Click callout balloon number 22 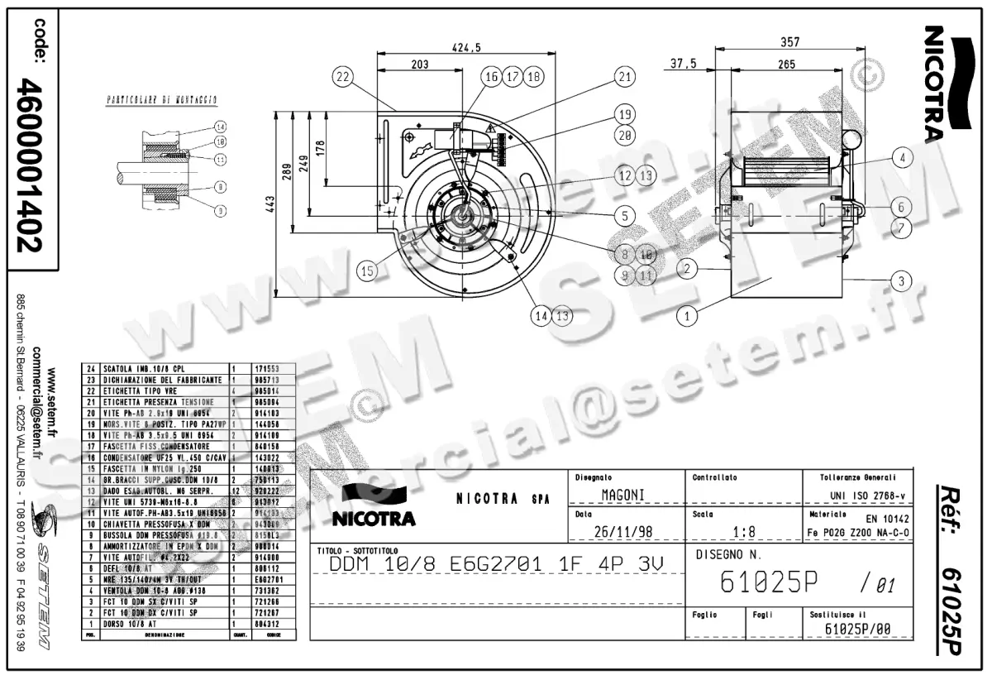tap(343, 76)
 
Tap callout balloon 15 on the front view tap(367, 270)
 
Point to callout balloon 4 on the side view tap(903, 157)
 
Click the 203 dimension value tap(419, 64)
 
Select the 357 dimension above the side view tap(789, 41)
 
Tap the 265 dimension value tap(786, 64)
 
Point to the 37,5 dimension tap(683, 64)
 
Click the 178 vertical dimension tap(321, 146)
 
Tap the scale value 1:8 tap(742, 531)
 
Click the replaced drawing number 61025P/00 tap(856, 630)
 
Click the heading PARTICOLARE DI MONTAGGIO tap(162, 99)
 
